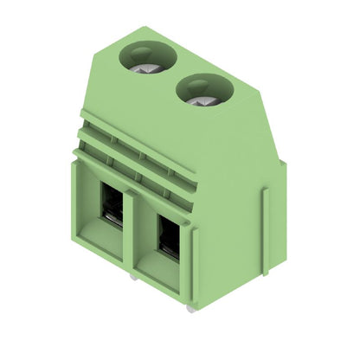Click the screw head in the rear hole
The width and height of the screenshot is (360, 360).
148,60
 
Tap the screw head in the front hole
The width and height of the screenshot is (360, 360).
204,92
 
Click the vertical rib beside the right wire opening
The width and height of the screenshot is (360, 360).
193,260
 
